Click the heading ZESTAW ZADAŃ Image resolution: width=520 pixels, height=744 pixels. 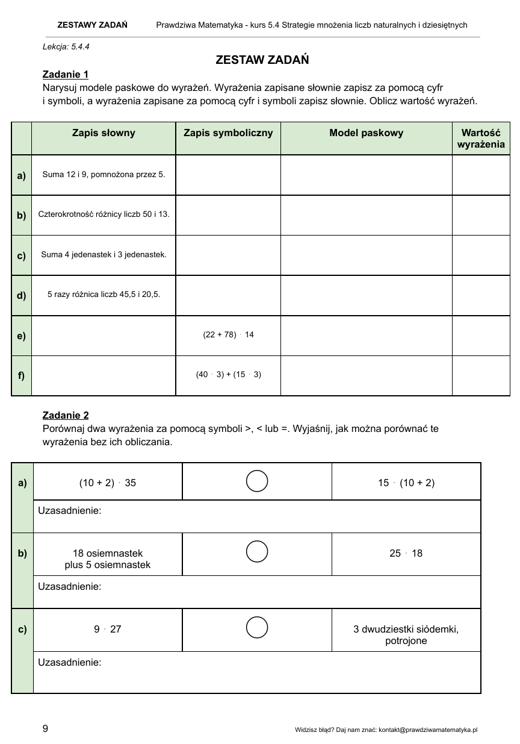click(262, 60)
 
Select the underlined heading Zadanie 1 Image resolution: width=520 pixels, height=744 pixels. click(66, 74)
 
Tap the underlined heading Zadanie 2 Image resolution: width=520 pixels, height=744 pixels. click(66, 415)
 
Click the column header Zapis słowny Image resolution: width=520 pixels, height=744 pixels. click(104, 133)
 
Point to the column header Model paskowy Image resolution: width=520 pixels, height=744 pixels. click(366, 133)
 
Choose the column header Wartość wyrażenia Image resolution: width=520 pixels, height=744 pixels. click(481, 139)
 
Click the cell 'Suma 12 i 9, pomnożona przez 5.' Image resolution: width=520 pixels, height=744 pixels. click(104, 175)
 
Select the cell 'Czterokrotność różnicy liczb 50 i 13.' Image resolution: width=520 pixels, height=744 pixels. click(104, 214)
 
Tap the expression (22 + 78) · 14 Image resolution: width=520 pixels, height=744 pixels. click(228, 334)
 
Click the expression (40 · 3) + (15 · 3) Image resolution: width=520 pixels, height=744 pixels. click(228, 374)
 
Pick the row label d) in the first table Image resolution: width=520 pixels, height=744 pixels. click(22, 295)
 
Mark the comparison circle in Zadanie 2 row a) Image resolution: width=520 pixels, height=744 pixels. click(257, 481)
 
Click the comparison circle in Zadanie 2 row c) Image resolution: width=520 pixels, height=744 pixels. click(257, 627)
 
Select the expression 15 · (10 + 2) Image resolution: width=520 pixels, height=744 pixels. click(406, 483)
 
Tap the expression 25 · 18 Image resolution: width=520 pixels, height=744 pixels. click(406, 553)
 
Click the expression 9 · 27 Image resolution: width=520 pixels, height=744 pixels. click(108, 629)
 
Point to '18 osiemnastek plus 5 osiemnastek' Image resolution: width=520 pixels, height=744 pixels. click(108, 559)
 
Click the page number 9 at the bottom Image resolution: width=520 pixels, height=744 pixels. click(46, 728)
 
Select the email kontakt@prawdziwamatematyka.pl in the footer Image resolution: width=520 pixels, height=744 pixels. click(427, 730)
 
